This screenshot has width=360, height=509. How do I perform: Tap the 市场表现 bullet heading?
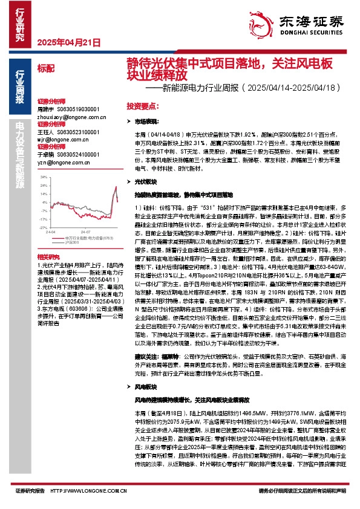[x=146, y=122]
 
